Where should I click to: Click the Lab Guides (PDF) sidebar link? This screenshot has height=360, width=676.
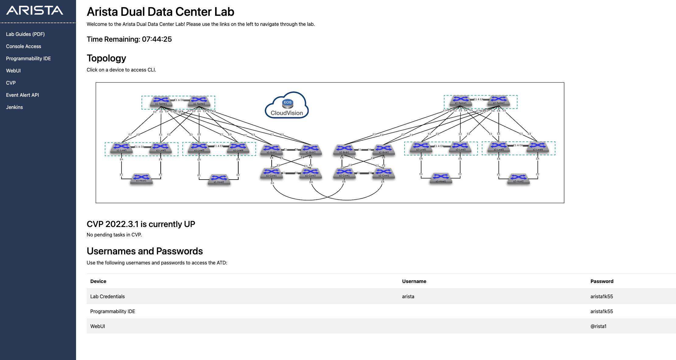(x=25, y=34)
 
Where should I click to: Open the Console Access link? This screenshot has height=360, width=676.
(x=23, y=46)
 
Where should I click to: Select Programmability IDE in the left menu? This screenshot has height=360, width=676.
(x=28, y=58)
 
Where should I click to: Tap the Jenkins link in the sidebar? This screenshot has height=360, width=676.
(x=14, y=107)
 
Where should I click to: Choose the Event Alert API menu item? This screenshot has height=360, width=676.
(x=23, y=95)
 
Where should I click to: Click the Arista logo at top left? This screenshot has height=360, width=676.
(x=35, y=11)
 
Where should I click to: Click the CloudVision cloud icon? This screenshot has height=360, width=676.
(x=287, y=105)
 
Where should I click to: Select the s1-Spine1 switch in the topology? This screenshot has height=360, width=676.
(x=161, y=101)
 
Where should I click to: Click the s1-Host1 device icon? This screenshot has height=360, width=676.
(x=141, y=178)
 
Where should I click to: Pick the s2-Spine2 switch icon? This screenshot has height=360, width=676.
(x=499, y=100)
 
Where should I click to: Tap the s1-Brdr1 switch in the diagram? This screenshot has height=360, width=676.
(x=271, y=150)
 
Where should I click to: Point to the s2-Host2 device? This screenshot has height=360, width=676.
(x=518, y=179)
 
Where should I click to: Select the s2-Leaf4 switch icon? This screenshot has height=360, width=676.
(x=538, y=147)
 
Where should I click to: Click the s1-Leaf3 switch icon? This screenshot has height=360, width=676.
(x=199, y=148)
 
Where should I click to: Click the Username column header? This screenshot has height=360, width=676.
(x=414, y=281)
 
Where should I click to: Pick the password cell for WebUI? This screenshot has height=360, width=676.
(x=598, y=326)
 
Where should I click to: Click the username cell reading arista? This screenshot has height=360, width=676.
(x=408, y=296)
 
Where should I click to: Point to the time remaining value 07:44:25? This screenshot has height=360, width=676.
(x=157, y=39)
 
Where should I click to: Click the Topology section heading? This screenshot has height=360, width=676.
(x=106, y=58)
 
